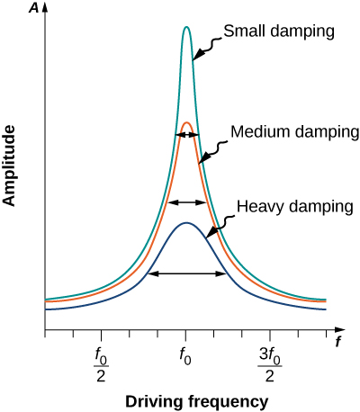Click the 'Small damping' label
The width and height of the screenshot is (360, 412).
[x=280, y=31]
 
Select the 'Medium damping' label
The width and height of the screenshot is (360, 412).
[x=295, y=131]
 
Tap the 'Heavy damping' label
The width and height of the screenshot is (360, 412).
[x=293, y=206]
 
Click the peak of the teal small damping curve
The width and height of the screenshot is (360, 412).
[x=186, y=27]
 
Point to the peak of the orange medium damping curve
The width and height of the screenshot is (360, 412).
[x=186, y=122]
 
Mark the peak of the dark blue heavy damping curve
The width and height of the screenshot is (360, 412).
[x=185, y=222]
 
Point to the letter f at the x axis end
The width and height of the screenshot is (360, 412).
[x=338, y=343]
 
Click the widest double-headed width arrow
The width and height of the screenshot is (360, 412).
[x=187, y=273]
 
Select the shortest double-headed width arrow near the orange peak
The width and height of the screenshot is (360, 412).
[x=186, y=134]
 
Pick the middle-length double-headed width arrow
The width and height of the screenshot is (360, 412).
[x=187, y=202]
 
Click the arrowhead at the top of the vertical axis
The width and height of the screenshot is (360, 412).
[x=45, y=10]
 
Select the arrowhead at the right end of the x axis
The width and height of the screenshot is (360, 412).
[x=337, y=330]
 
